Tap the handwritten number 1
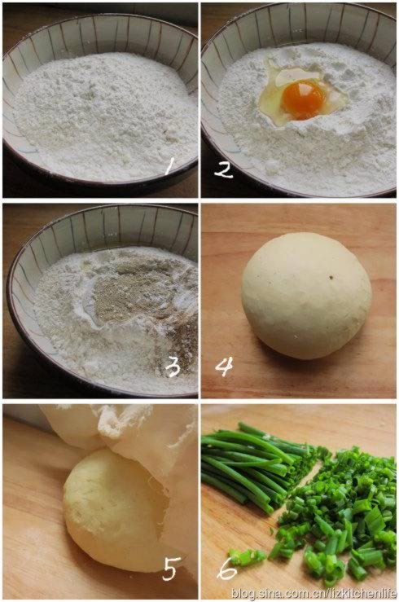coord(169,166)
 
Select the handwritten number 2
coord(223,170)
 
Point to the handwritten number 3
coord(173,367)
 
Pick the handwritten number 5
coord(169,569)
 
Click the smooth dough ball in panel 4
coord(306,296)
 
